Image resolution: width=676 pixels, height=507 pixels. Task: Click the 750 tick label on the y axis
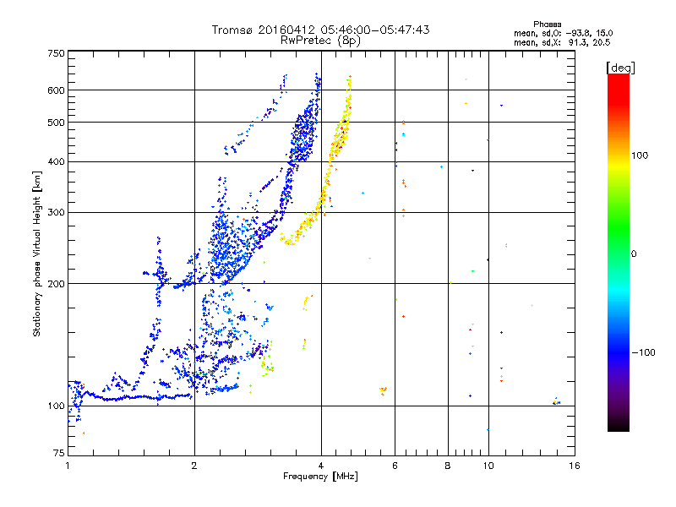tap(56, 52)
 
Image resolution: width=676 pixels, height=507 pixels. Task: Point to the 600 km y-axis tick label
tap(56, 90)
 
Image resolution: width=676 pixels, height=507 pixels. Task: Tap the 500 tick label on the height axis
tap(56, 122)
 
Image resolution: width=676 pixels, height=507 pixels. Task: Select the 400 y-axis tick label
tap(56, 161)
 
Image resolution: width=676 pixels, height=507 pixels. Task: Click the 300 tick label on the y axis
tap(56, 212)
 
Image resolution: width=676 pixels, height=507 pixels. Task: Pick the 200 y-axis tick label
tap(56, 283)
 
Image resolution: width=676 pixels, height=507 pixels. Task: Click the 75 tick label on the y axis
tap(58, 454)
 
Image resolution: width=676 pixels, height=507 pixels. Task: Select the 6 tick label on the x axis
tap(395, 466)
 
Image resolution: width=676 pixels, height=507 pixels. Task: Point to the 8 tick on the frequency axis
tap(448, 466)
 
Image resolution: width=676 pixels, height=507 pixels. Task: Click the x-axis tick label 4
tap(321, 466)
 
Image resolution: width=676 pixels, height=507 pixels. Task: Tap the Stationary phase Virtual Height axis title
tap(37, 253)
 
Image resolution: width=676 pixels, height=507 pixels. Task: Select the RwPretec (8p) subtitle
tap(320, 40)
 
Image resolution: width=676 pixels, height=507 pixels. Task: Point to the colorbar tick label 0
tap(635, 253)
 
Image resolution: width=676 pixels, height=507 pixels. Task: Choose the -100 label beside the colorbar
tap(641, 352)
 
